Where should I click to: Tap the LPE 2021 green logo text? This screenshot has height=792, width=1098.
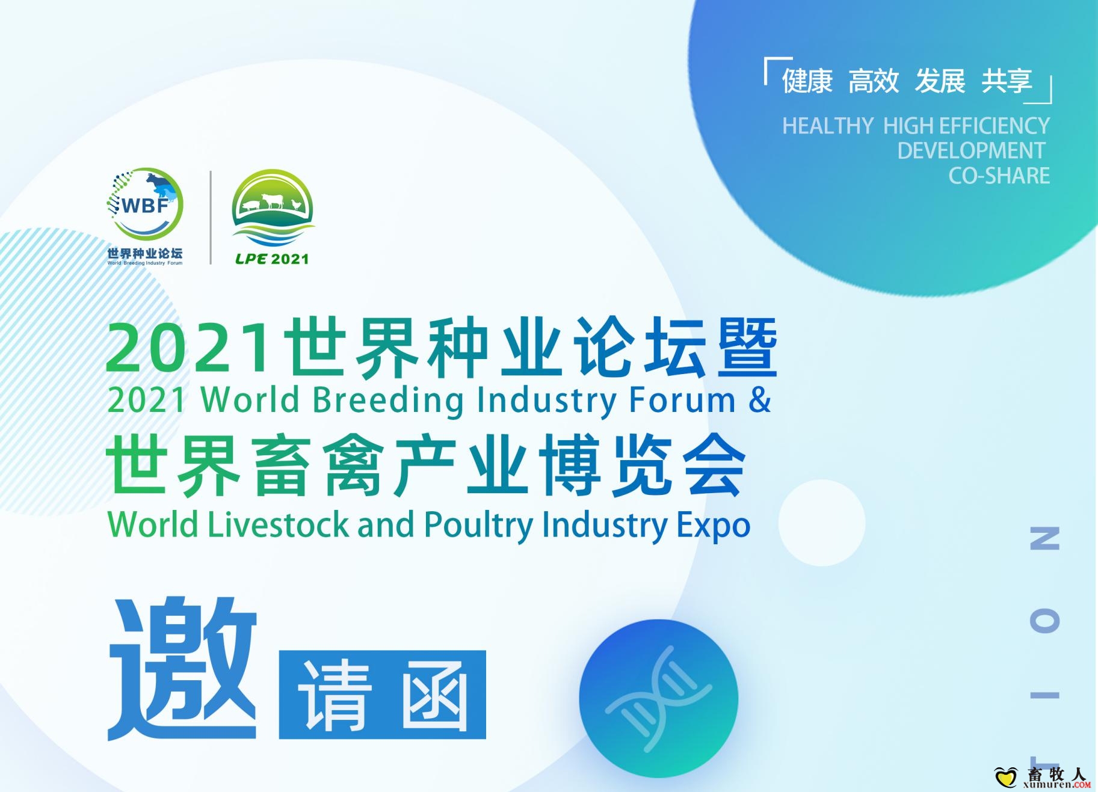(272, 259)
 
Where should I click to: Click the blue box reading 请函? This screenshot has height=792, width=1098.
(382, 695)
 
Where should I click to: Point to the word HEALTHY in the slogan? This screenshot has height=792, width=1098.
(828, 126)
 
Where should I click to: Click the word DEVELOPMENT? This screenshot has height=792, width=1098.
(971, 150)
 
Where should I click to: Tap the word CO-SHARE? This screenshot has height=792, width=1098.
(999, 176)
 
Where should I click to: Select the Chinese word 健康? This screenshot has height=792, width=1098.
(807, 81)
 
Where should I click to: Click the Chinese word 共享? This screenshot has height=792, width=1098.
(1007, 81)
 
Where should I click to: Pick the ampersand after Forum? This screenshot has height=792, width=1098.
(760, 399)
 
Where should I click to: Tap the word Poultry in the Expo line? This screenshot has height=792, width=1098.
(478, 525)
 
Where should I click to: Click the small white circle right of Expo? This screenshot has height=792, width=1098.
(822, 523)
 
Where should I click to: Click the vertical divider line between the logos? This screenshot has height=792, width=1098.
(211, 218)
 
